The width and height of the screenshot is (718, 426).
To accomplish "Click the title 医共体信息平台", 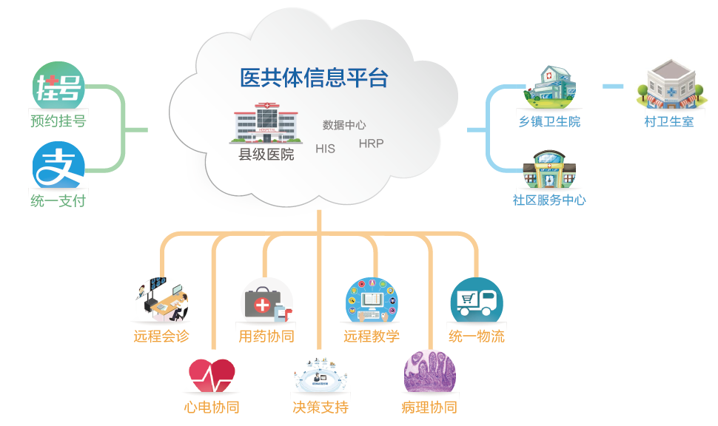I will [314, 78].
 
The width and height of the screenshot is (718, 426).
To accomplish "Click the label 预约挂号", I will [58, 121].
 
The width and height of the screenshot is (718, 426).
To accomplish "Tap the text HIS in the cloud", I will [325, 149].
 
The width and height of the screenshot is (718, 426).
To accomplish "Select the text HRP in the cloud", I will [371, 143].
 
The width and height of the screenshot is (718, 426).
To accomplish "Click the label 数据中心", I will [344, 125].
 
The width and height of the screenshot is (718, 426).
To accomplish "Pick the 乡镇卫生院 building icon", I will [549, 85].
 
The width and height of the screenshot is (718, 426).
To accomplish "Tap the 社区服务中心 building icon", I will [549, 171].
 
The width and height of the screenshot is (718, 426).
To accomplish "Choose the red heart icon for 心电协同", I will [212, 376].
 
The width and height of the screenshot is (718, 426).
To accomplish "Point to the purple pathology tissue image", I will [429, 373].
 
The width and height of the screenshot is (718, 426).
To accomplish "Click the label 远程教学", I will [372, 337].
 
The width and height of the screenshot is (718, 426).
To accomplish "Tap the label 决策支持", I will [320, 408].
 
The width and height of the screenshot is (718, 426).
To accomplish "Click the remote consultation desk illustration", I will [161, 300].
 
